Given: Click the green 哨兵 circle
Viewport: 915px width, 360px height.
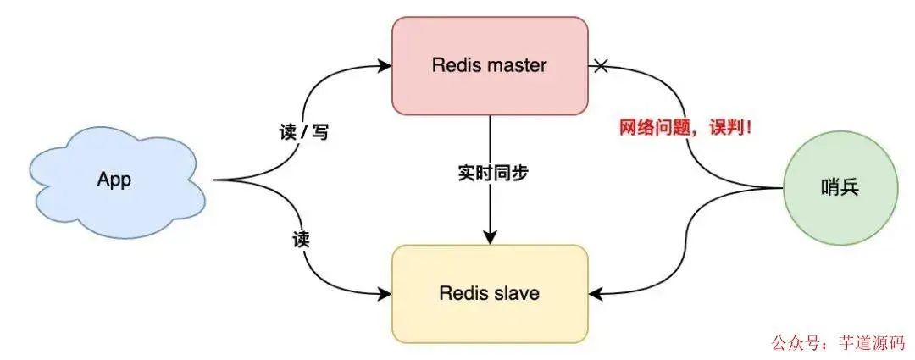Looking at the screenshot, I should coord(840,188).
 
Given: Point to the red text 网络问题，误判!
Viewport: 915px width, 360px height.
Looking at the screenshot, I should coord(686,129).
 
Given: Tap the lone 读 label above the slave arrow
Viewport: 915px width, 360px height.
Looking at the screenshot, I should coord(300,240).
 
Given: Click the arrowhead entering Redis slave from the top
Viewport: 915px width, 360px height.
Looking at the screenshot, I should coord(490,238).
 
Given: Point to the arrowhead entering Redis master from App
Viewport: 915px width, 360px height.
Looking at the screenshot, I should coord(385,64).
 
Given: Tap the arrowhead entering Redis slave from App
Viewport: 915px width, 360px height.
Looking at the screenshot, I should coord(385,294).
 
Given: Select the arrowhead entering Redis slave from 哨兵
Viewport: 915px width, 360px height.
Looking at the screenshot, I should coord(596,294).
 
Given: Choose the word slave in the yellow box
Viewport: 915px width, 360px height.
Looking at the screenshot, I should coord(515,294).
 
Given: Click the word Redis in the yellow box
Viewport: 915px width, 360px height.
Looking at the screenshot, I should coord(463,294).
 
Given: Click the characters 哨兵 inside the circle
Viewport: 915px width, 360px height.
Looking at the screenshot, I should coord(840,188).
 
